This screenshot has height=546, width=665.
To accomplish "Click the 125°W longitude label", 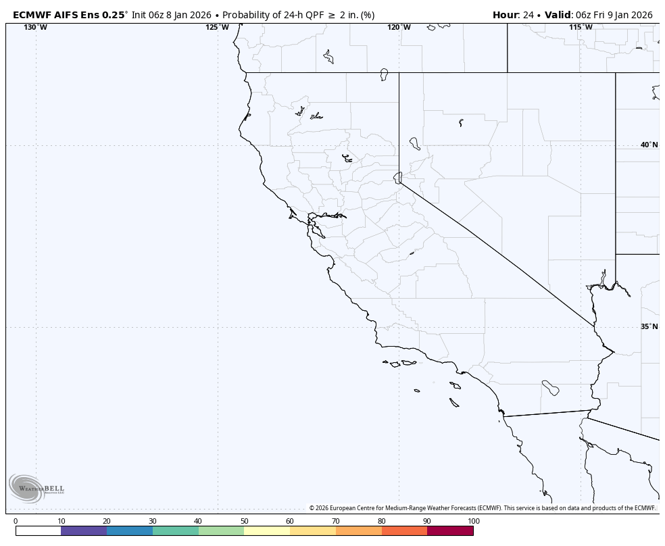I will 217,27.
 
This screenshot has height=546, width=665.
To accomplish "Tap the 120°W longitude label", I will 399,27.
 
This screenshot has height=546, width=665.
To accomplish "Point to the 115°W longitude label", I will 581,27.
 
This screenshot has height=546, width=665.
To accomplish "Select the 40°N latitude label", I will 649,145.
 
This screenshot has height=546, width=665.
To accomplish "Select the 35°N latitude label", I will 649,326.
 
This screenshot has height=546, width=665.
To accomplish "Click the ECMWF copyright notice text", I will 483,508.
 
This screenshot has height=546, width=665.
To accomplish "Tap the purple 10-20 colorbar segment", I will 84,531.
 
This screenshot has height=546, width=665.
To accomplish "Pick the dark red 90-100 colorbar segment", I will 450,531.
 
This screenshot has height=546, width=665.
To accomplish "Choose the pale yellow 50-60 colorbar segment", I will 267,531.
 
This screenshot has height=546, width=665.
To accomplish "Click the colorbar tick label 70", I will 336,521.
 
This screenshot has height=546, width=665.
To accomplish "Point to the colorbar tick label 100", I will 473,521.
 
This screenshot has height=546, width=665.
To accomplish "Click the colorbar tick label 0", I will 16,521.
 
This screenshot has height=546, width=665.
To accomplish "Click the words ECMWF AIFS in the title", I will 47,15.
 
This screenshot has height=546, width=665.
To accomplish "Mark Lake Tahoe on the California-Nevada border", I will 398,177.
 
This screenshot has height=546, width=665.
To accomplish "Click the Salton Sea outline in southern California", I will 551,388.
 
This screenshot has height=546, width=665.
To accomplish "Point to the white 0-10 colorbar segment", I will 38,531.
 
